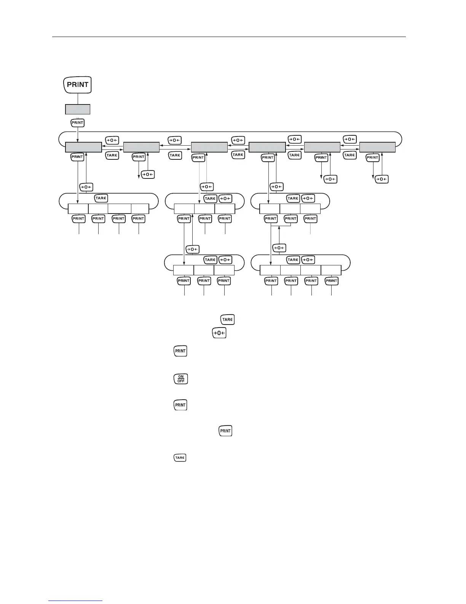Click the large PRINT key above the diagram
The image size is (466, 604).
[78, 85]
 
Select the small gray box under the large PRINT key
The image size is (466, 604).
[78, 109]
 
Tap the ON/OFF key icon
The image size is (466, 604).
[180, 379]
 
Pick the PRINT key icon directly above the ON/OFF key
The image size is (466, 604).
[180, 351]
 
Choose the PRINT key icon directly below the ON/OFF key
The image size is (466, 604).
[180, 405]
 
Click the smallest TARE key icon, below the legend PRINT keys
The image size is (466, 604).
[180, 457]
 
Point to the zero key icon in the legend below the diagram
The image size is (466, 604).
[219, 333]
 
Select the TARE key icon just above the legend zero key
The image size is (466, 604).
[227, 320]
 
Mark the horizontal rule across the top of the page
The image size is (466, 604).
[228, 37]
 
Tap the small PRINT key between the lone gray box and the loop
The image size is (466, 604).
[78, 123]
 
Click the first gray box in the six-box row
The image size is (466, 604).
[83, 148]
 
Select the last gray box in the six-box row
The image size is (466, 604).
[377, 147]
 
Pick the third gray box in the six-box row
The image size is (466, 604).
[209, 148]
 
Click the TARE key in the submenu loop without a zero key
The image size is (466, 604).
[101, 198]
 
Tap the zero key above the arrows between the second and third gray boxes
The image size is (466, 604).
[175, 140]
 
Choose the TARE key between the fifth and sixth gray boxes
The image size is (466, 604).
[349, 155]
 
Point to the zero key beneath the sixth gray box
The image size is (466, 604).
[381, 179]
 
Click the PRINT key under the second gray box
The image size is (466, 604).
[139, 157]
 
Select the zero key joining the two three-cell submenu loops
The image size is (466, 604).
[192, 249]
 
